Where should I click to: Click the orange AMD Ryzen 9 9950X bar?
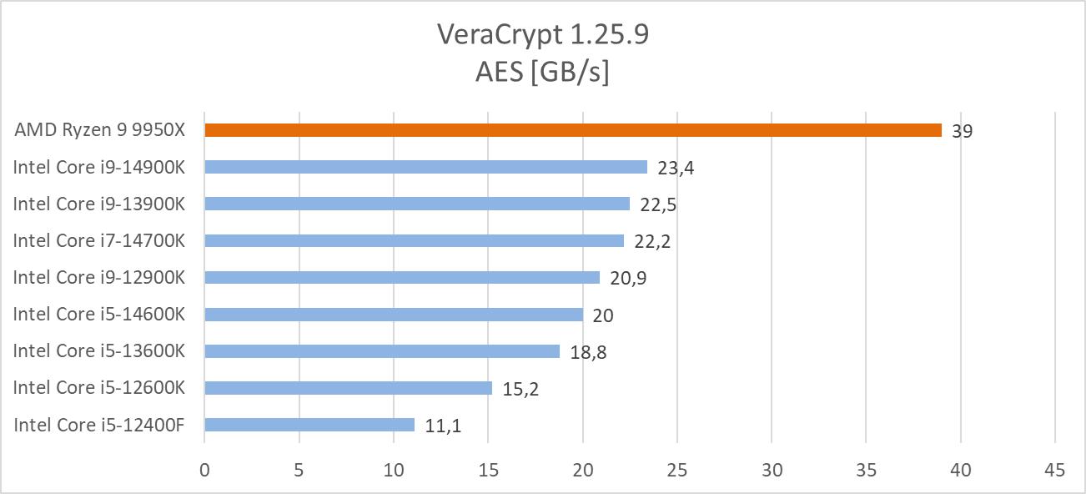click(572, 130)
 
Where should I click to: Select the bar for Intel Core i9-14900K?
click(425, 167)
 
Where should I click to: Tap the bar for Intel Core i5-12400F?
click(309, 425)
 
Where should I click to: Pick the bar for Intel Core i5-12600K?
click(348, 388)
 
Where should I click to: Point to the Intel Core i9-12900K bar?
click(402, 277)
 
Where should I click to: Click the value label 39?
click(962, 131)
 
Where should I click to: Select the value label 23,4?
click(676, 168)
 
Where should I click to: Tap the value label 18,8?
click(588, 352)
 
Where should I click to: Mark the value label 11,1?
click(443, 426)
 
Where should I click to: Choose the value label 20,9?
click(628, 278)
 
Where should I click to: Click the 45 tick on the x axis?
click(1054, 471)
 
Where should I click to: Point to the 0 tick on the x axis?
click(204, 471)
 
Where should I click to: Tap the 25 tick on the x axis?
click(676, 471)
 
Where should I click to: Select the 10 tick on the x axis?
click(394, 471)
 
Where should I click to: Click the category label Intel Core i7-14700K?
click(98, 240)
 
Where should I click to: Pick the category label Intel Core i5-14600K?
click(98, 314)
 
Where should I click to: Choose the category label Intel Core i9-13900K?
click(98, 204)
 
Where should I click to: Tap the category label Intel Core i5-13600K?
click(98, 350)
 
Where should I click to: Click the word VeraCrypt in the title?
click(498, 35)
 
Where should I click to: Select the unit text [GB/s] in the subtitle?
click(570, 73)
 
